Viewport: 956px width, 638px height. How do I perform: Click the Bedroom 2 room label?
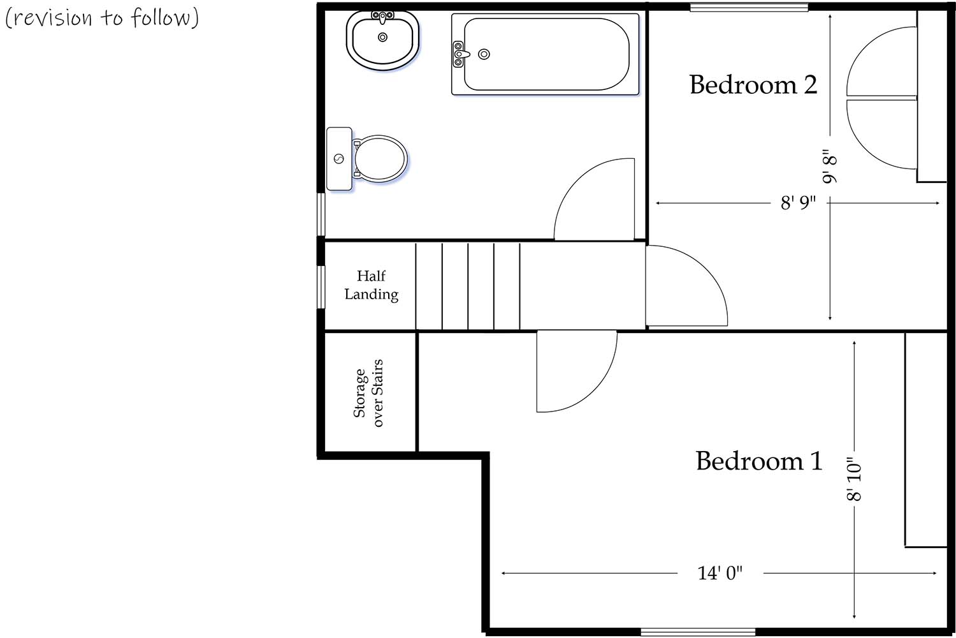(x=753, y=85)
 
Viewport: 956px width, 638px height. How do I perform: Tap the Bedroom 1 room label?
(x=758, y=461)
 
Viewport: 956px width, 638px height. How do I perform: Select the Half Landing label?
(x=371, y=285)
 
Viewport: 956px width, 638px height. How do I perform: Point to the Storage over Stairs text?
(x=368, y=393)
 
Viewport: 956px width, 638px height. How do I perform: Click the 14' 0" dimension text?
(x=720, y=573)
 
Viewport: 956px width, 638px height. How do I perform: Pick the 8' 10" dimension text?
(x=854, y=478)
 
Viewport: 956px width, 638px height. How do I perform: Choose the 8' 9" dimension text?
(x=798, y=203)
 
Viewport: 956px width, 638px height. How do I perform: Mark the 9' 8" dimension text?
(x=829, y=167)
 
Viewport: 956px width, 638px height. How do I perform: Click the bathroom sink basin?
(x=382, y=38)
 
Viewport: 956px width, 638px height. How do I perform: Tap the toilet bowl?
(x=380, y=159)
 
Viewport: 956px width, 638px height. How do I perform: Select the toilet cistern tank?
(x=339, y=159)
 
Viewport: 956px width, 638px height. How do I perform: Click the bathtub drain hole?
(x=484, y=54)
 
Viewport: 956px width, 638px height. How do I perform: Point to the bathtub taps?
(x=458, y=54)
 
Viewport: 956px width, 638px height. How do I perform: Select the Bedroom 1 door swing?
(x=574, y=370)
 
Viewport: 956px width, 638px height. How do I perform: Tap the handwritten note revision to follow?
(x=102, y=17)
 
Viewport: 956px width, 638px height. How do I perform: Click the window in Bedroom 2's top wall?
(x=749, y=8)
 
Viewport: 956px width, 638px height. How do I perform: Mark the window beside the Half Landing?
(x=321, y=287)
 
